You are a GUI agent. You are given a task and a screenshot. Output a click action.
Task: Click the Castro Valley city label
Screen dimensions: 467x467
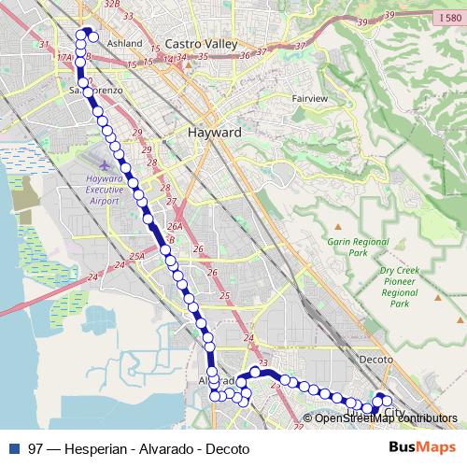click(x=203, y=43)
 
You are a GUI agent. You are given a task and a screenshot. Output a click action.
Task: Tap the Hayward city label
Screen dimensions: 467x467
click(x=215, y=133)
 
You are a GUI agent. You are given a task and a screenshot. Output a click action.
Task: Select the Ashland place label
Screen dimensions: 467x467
click(x=124, y=43)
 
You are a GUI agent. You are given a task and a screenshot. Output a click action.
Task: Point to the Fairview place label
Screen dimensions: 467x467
click(x=309, y=98)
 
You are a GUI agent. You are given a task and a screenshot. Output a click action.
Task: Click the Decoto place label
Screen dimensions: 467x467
click(x=377, y=359)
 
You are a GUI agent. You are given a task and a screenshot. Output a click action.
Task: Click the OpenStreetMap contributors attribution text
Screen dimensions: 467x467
click(x=386, y=418)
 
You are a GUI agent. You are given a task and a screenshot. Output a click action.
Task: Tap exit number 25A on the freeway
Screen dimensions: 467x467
click(x=137, y=256)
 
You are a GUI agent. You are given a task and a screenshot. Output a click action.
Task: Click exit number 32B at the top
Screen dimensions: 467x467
click(x=112, y=5)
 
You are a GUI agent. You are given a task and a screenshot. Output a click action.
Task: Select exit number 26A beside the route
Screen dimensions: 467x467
click(x=174, y=227)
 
